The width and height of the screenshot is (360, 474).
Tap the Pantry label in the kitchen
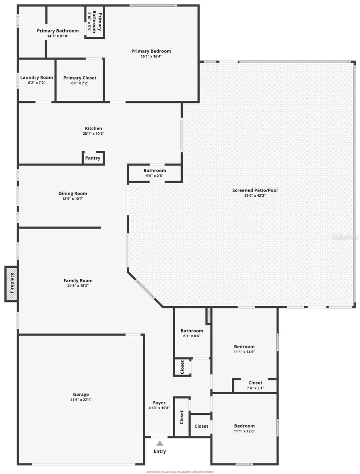click(x=93, y=158)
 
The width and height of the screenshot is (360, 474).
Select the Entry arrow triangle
click(x=159, y=444)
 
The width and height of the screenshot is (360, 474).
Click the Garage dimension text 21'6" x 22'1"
click(x=81, y=400)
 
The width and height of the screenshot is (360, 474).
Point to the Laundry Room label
click(x=37, y=77)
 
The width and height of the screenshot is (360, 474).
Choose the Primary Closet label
click(x=80, y=78)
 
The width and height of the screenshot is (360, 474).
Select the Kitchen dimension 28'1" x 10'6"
click(x=94, y=134)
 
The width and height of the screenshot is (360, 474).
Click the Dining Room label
click(x=73, y=193)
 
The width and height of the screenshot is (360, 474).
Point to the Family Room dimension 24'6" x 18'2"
click(x=78, y=286)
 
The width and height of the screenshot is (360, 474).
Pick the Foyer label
click(x=159, y=403)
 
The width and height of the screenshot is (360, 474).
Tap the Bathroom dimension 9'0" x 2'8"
click(x=155, y=176)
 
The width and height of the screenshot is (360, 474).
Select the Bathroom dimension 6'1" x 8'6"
click(x=192, y=336)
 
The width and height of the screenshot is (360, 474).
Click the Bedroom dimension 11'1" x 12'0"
click(x=244, y=431)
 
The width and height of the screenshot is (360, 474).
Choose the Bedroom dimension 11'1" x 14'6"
click(x=244, y=352)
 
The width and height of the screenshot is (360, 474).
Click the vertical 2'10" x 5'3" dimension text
click(x=89, y=22)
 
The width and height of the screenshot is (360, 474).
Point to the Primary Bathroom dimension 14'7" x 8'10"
click(x=58, y=36)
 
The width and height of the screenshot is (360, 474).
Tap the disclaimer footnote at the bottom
click(x=180, y=472)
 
